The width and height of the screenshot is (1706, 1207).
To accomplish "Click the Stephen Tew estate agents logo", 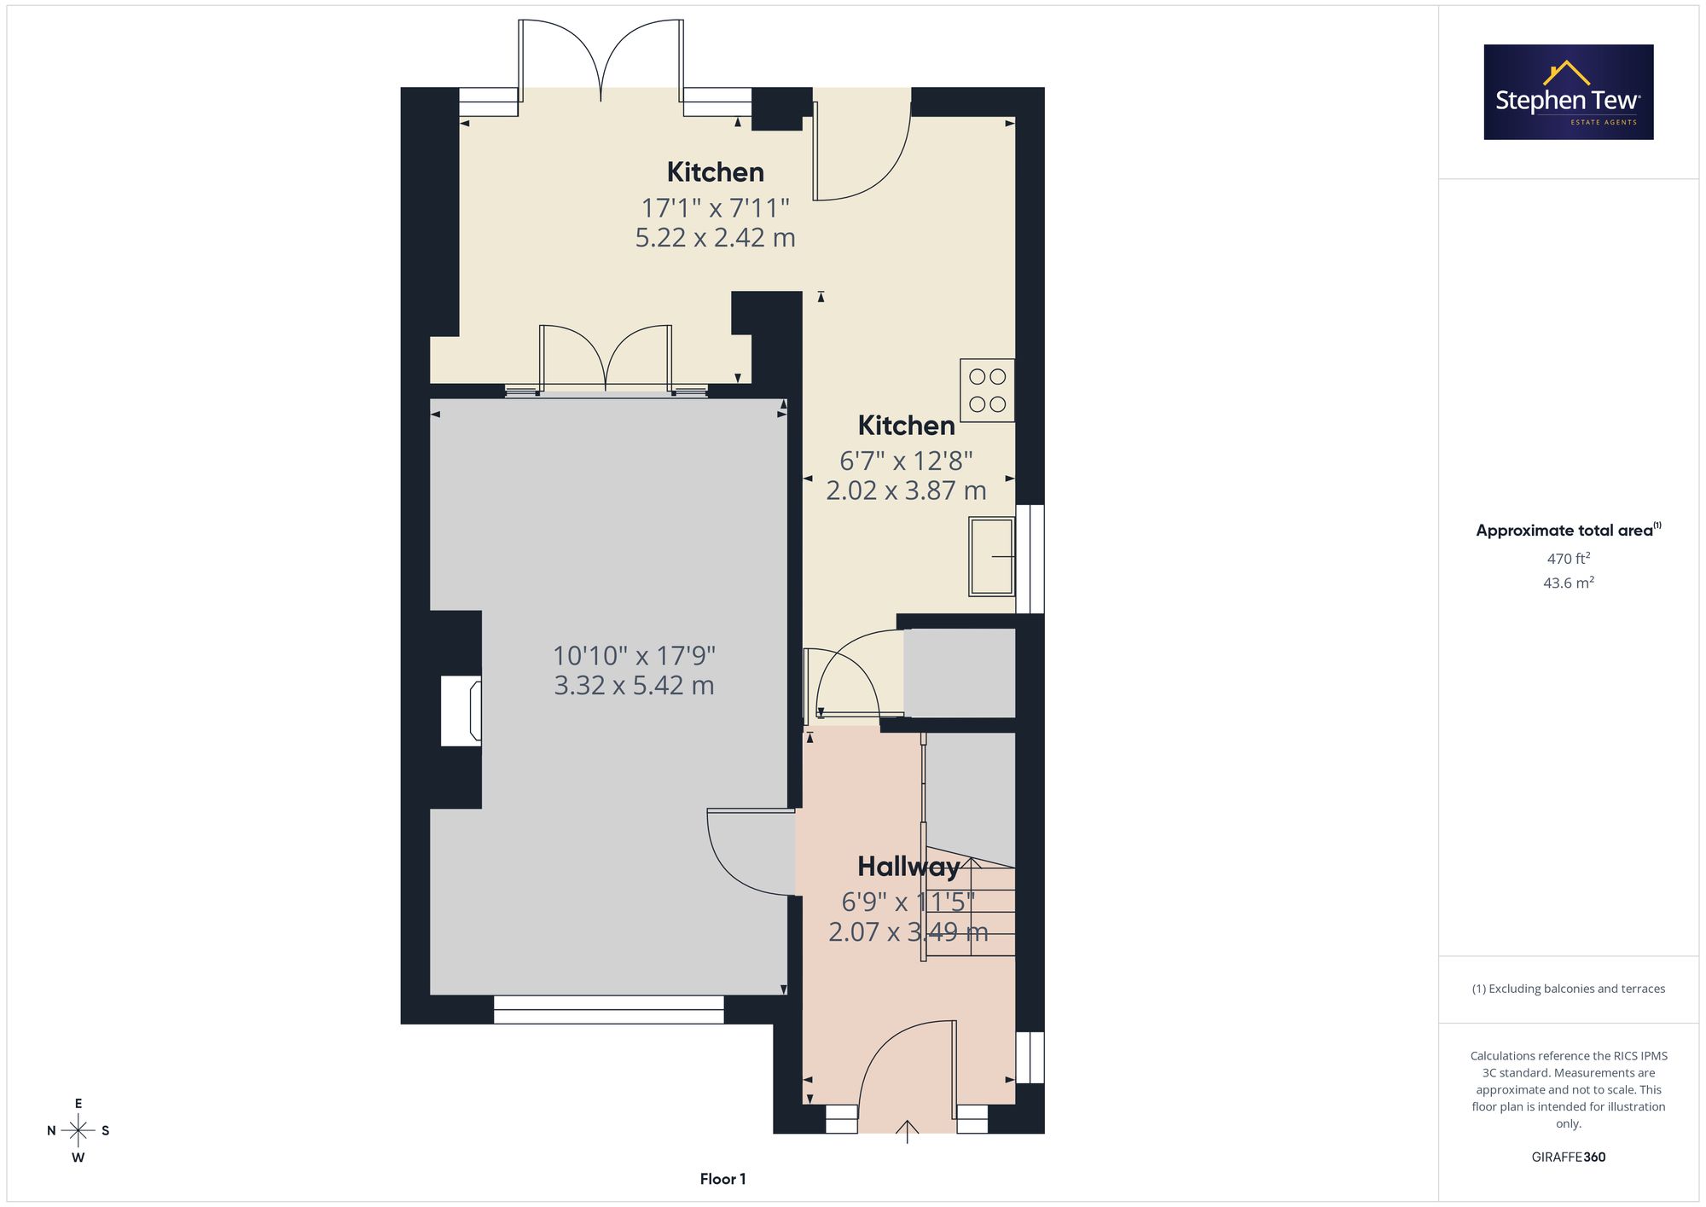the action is (1569, 92).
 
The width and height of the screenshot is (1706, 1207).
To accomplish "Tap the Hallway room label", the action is (908, 867).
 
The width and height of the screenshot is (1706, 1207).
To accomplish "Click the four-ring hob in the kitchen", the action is (987, 391).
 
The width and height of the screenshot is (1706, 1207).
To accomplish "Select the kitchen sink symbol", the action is (991, 556).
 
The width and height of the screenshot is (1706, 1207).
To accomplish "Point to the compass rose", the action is (78, 1131).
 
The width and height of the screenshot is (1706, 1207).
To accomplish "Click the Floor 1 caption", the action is (722, 1179).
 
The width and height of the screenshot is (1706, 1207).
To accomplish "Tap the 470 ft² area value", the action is (1569, 559).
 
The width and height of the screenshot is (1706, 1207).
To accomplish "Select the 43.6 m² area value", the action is (1569, 583).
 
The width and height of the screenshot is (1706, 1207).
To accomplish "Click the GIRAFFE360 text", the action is (1569, 1157).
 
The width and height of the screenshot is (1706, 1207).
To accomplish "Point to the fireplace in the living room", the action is (461, 711).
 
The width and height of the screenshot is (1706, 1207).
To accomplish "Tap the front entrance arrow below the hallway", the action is (908, 1131).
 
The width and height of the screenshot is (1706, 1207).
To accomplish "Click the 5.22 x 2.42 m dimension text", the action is (715, 237).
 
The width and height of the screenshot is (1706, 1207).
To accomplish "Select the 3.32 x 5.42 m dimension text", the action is (634, 685).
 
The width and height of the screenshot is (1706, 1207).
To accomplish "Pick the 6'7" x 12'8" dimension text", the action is (906, 461).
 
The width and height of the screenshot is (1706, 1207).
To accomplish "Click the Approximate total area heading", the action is (1569, 530).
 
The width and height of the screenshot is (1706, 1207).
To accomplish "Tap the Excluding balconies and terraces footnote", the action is (1569, 989).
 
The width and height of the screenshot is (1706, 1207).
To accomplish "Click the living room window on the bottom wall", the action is (609, 1010).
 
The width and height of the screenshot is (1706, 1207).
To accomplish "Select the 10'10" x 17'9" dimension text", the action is (634, 655).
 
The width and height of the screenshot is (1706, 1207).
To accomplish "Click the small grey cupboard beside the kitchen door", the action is (960, 673).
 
